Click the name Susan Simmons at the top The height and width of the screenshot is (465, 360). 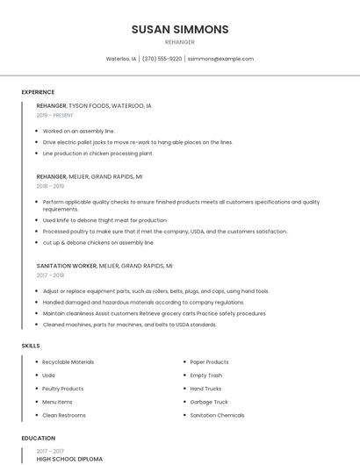click(x=180, y=29)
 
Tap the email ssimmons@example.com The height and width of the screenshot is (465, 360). click(x=220, y=59)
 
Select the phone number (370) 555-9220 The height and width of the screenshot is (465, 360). click(x=162, y=59)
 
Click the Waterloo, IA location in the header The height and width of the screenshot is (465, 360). click(x=121, y=59)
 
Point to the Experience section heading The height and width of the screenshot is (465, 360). click(x=38, y=92)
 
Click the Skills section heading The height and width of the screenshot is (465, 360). click(x=31, y=346)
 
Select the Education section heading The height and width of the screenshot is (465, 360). click(x=38, y=438)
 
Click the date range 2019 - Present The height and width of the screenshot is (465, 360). click(x=55, y=115)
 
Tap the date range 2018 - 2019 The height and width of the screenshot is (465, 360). click(x=50, y=186)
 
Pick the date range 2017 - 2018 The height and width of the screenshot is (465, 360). click(x=50, y=275)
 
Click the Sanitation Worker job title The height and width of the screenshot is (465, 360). click(x=66, y=265)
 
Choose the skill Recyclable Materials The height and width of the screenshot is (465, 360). click(x=68, y=361)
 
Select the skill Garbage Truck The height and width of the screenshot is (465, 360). click(x=209, y=401)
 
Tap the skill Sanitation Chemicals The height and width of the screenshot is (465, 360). click(x=217, y=414)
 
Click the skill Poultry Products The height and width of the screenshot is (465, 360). click(x=63, y=388)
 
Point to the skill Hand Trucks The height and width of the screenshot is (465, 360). click(x=205, y=388)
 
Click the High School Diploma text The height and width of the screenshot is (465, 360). click(x=69, y=459)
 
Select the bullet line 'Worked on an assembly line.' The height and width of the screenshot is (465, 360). click(x=79, y=131)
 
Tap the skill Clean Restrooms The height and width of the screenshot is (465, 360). click(x=63, y=414)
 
